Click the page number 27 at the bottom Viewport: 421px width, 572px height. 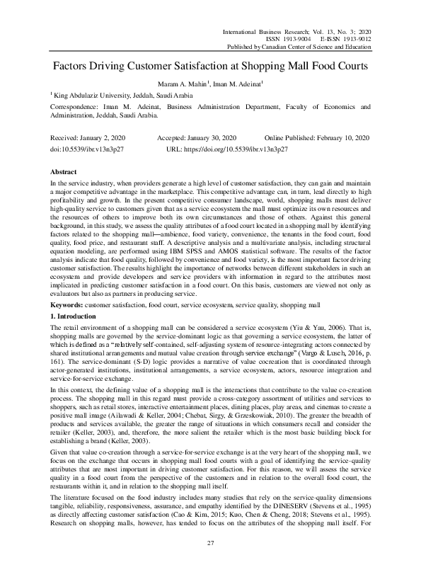[210, 543]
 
